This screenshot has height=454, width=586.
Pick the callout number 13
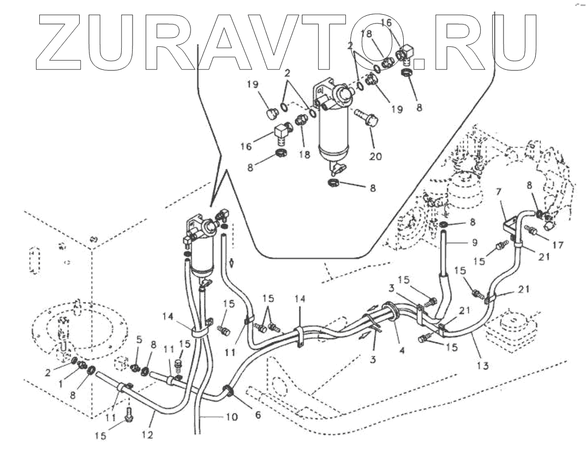coord(482,364)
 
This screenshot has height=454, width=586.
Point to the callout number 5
coord(139,339)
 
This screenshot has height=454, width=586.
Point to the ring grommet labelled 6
coord(228,392)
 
